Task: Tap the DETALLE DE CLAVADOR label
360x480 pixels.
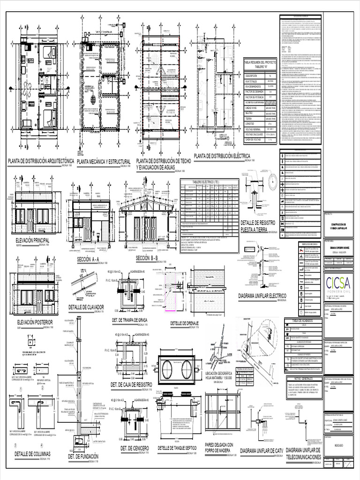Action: tap(86, 307)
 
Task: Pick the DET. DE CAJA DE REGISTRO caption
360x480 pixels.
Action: tap(133, 384)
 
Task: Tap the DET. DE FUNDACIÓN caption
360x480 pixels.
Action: tap(83, 456)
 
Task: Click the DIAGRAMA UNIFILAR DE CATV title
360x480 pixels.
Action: tap(261, 451)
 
